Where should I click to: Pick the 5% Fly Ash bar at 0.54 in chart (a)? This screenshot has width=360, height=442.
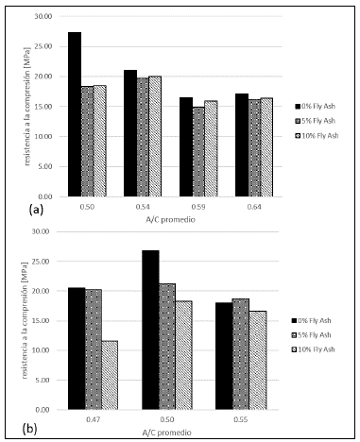[x=144, y=137]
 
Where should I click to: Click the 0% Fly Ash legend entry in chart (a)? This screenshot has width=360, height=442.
[x=317, y=106]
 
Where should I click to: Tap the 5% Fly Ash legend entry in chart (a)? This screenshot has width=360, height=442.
[x=317, y=121]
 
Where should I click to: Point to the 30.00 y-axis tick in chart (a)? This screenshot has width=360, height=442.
[x=43, y=17]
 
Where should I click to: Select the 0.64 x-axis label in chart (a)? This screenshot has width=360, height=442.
[x=252, y=207]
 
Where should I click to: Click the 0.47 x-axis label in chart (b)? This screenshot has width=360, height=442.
[x=92, y=418]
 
